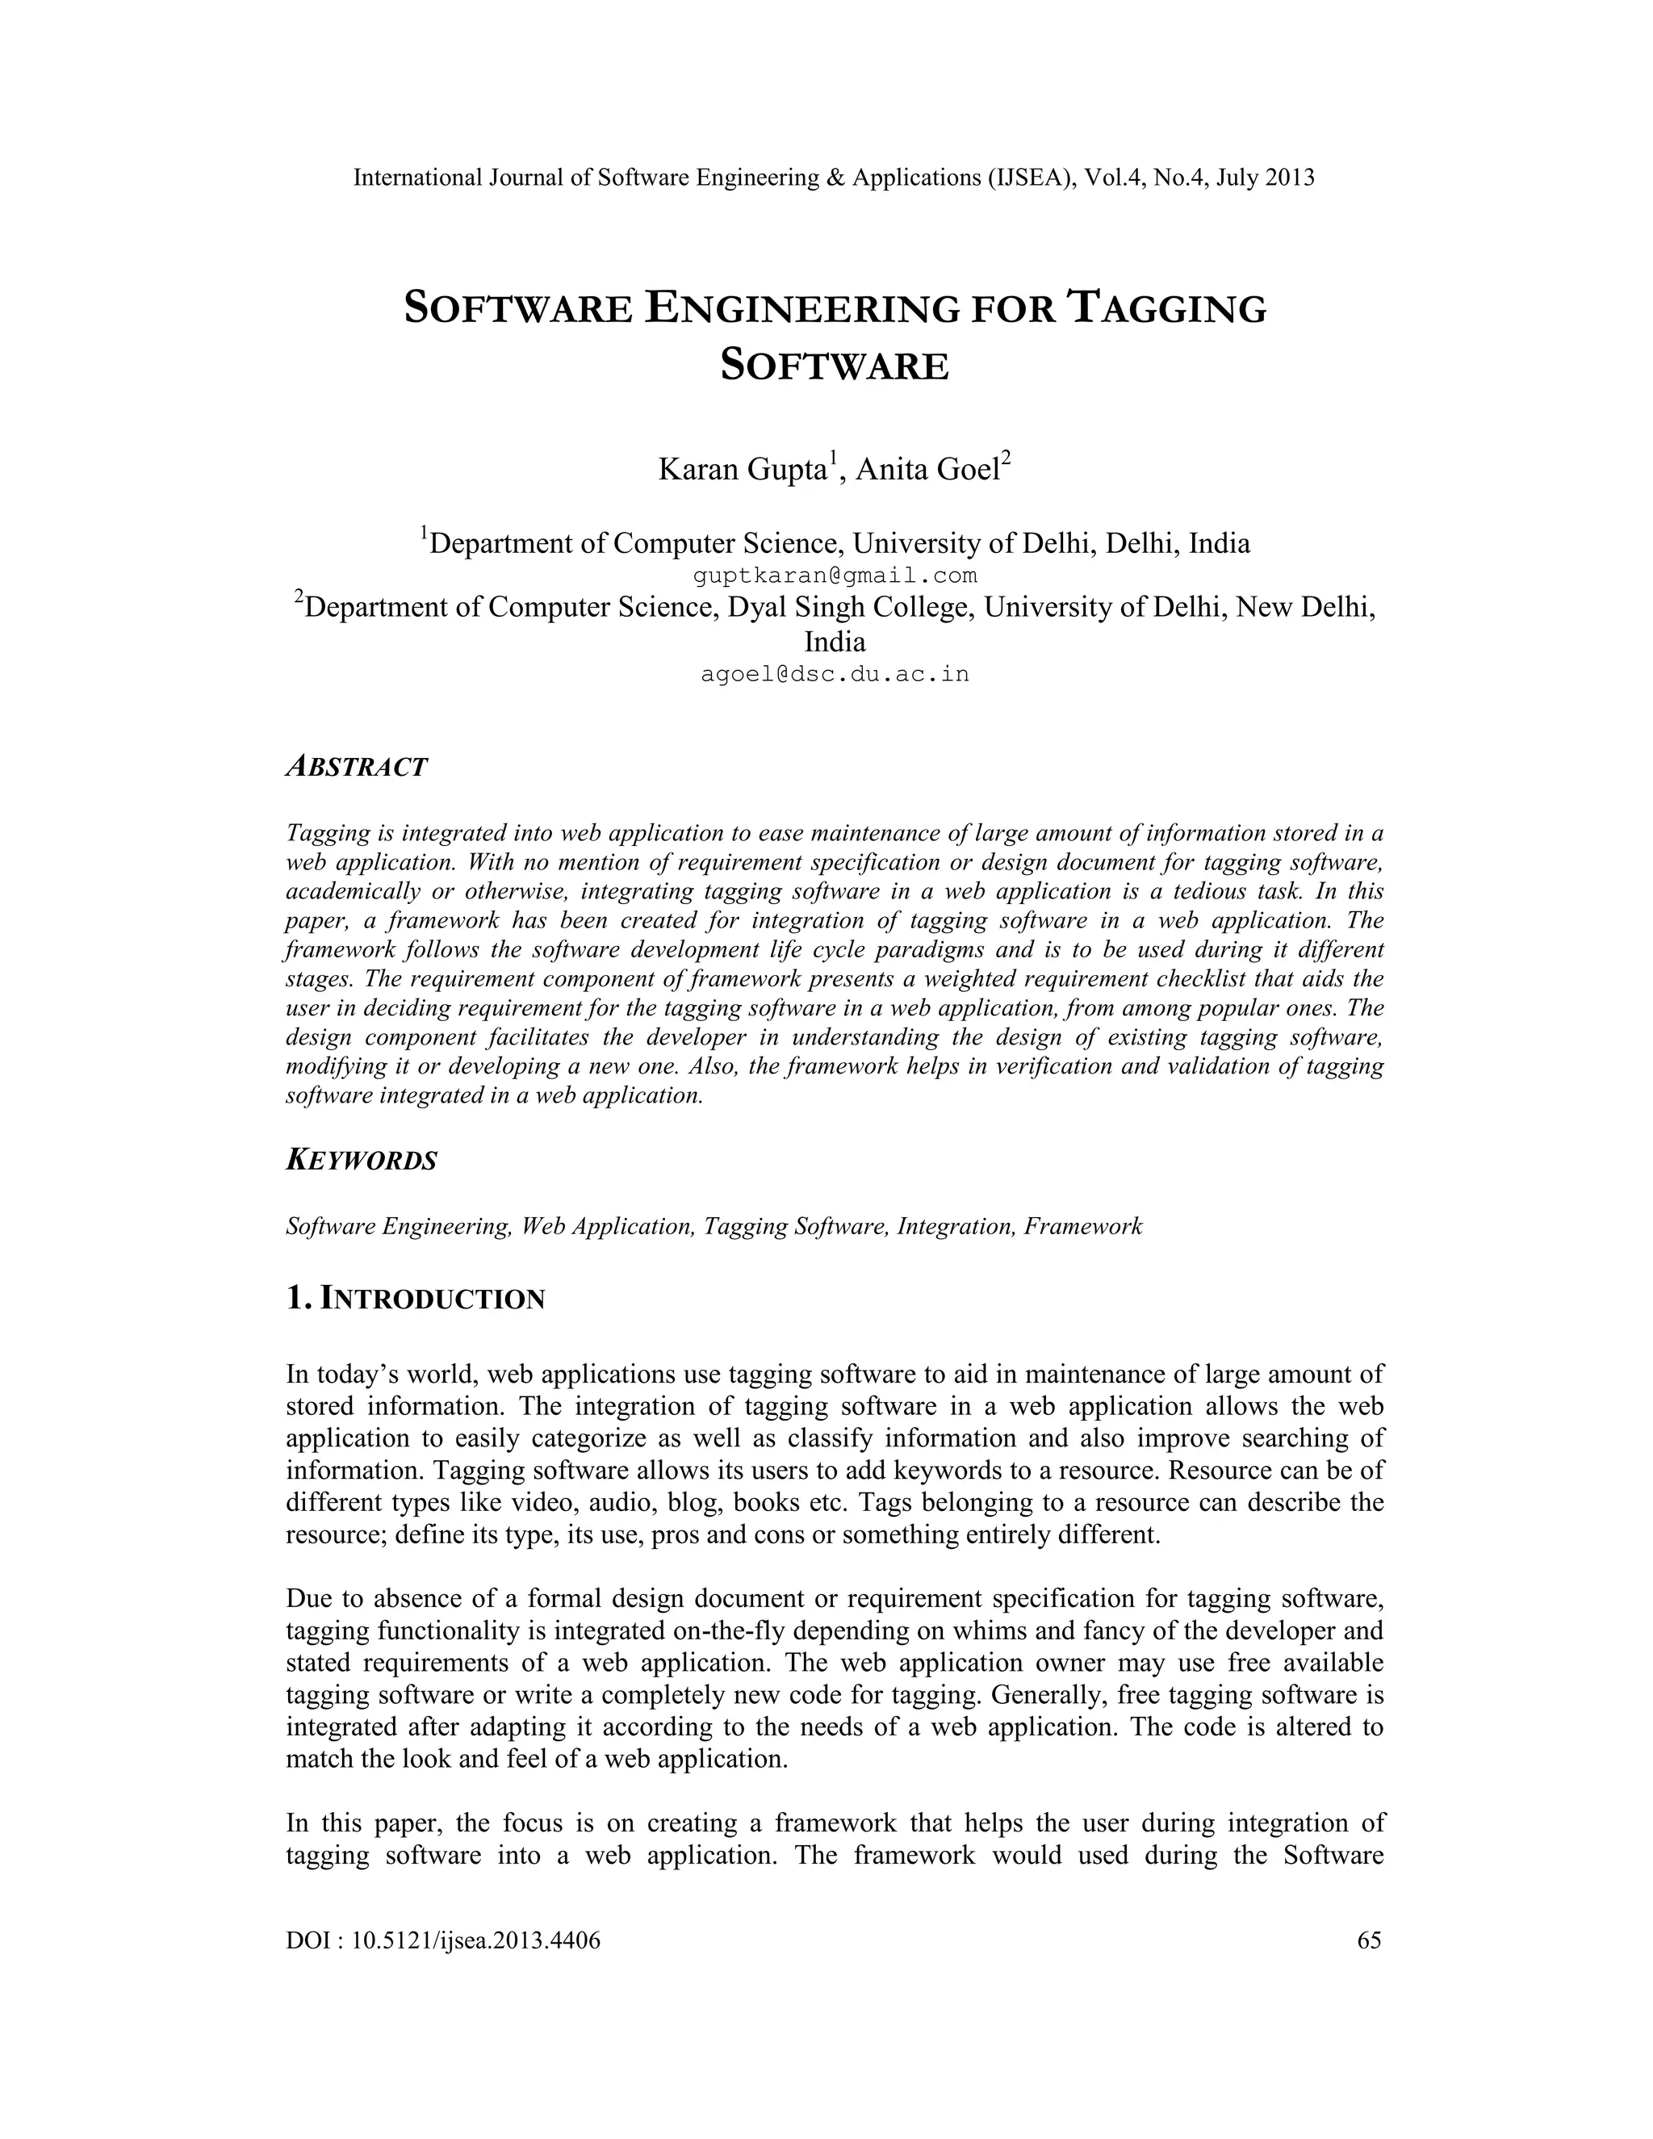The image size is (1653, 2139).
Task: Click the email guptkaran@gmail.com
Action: tap(835, 576)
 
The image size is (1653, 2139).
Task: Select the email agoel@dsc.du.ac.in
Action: tap(835, 675)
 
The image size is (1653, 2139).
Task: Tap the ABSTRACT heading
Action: tap(357, 767)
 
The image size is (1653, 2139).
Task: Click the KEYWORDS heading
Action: tap(362, 1161)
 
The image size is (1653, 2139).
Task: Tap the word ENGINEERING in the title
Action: tap(802, 308)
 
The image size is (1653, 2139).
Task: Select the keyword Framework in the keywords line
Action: tap(1083, 1226)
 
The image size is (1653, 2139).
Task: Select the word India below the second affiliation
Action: tap(835, 643)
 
